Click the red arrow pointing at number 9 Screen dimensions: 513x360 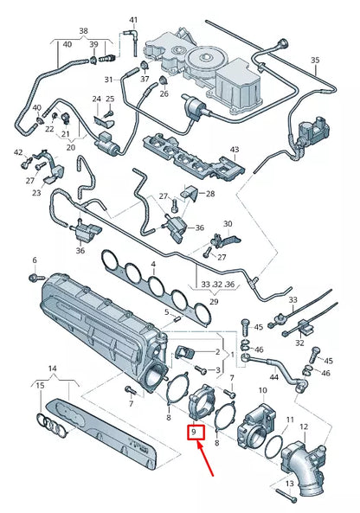tap(208, 463)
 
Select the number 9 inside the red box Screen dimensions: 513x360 tap(196, 431)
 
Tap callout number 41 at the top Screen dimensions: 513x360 tap(133, 19)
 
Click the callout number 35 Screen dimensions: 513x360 tap(315, 60)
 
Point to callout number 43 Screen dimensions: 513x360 tap(235, 150)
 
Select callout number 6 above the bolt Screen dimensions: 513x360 tap(35, 260)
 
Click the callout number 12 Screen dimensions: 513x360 tap(303, 426)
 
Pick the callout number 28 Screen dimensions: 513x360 tap(209, 193)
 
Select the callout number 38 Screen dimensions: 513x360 tap(83, 29)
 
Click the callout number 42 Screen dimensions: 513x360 tap(18, 152)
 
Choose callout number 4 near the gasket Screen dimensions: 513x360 tap(153, 264)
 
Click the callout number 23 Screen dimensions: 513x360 tap(36, 194)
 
